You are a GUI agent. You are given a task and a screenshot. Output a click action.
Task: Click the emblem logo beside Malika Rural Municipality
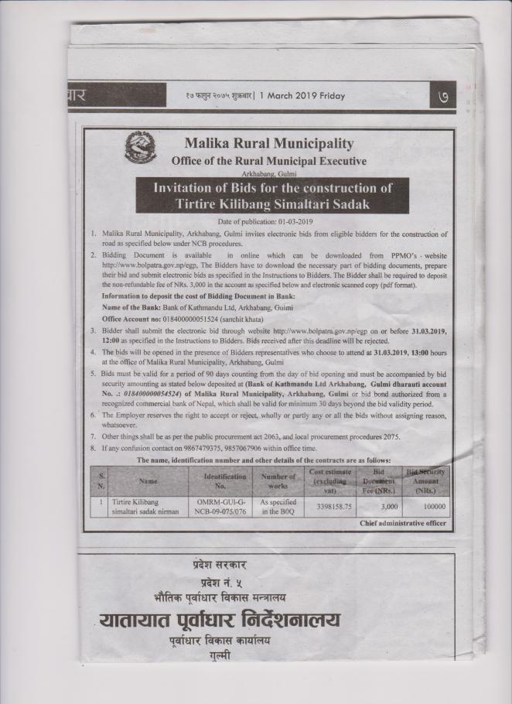coord(140,149)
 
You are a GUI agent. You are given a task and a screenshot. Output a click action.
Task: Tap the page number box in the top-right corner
coord(443,96)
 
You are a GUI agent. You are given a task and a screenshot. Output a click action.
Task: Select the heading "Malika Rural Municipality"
coord(268,143)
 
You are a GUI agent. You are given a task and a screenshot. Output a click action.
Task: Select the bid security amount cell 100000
coord(432,507)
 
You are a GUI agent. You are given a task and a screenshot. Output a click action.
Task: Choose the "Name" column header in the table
coord(148,480)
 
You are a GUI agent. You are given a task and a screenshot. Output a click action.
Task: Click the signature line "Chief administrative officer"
coord(402,524)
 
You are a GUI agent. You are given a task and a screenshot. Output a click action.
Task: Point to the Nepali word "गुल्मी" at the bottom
coord(220,656)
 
